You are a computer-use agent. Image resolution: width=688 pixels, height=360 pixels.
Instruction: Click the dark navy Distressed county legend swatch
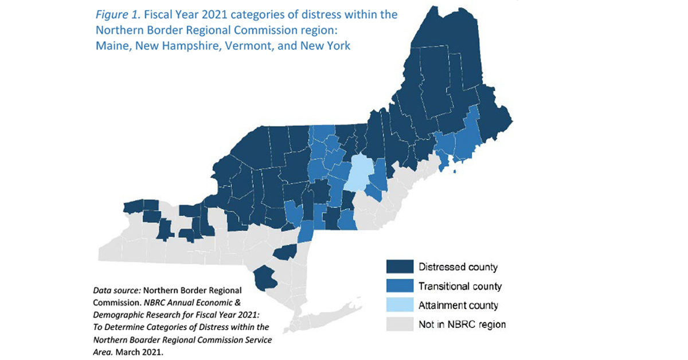399,267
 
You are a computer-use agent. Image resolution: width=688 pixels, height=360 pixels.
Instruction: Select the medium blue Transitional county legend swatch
399,286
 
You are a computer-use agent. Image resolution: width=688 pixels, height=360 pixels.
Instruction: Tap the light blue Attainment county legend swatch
399,305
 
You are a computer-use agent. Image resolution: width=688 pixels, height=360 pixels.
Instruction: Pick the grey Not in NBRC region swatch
399,324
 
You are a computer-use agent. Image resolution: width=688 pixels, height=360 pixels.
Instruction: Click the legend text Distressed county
458,267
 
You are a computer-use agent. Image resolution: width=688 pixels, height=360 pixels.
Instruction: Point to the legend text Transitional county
460,286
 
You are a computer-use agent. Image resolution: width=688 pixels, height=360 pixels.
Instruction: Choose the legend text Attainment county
458,306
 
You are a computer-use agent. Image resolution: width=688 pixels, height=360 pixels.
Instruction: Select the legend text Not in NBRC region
462,324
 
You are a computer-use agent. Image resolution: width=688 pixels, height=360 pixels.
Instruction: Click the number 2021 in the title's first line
198,14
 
